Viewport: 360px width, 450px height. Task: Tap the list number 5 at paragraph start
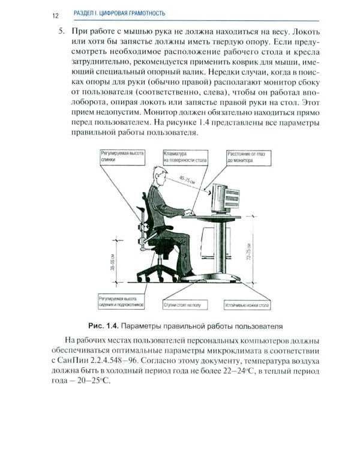pyautogui.click(x=61, y=30)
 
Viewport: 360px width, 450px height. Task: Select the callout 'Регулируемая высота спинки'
pyautogui.click(x=122, y=157)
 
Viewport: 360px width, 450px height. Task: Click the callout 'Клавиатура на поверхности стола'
pyautogui.click(x=185, y=157)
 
